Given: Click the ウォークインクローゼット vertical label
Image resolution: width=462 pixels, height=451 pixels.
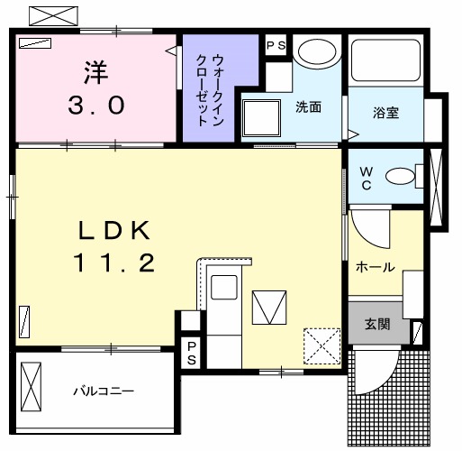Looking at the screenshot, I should [x=209, y=87].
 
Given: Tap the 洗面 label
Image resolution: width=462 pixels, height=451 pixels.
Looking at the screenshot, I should [x=309, y=106].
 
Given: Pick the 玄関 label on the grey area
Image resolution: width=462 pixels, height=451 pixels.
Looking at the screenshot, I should [x=377, y=325].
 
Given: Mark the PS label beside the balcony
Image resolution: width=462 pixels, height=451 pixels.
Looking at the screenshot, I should [x=191, y=353].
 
